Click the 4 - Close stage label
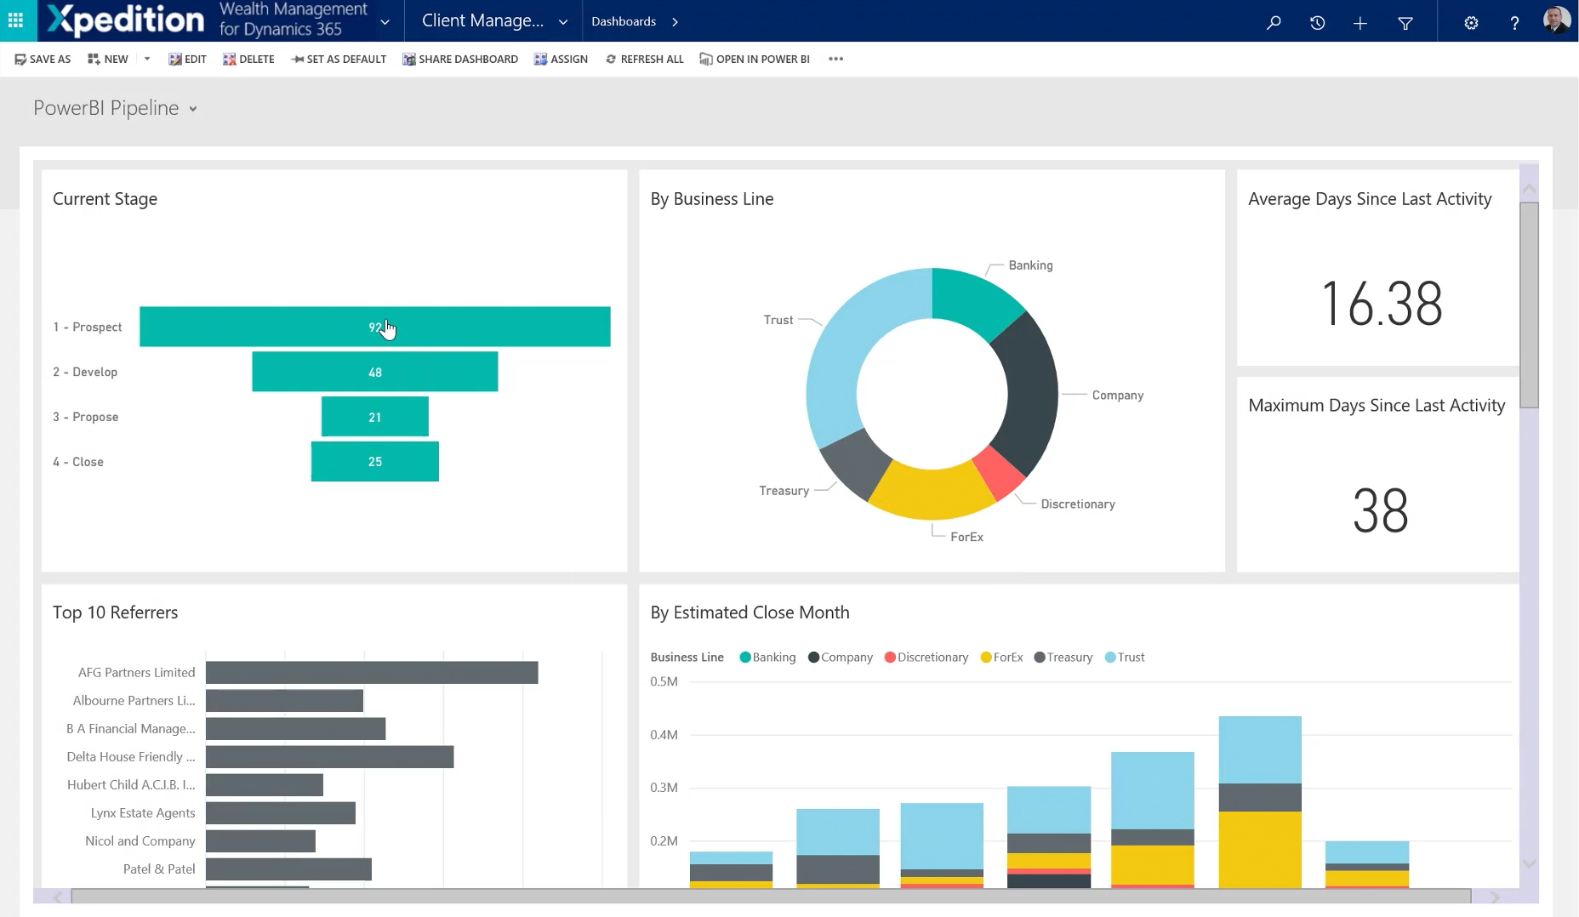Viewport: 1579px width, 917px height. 78,462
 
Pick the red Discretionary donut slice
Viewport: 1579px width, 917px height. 998,472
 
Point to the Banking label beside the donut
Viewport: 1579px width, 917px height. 1030,265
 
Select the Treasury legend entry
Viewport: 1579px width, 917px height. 1063,658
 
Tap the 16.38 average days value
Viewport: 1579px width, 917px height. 1382,304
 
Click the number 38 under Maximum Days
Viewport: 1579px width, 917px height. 1380,511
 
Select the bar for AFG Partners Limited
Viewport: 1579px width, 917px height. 372,673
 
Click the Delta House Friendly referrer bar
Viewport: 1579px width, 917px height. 329,757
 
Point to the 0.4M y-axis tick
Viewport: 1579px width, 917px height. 664,735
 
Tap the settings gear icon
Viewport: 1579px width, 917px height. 1471,23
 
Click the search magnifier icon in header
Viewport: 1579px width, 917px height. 1274,23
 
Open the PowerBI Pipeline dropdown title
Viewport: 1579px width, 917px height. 115,109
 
